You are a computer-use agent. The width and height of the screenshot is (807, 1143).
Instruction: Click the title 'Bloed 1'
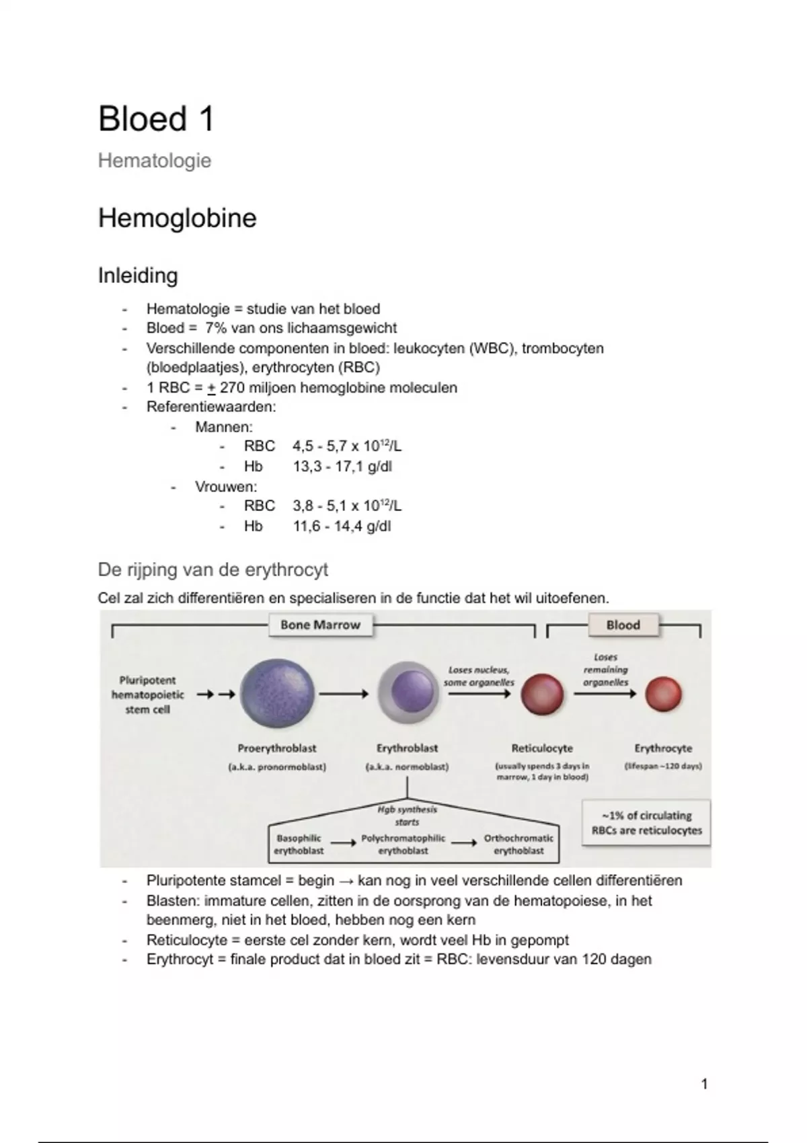pos(156,119)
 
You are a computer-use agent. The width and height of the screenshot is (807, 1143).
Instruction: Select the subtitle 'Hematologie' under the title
pos(155,161)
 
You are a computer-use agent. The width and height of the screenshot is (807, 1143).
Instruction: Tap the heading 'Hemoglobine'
pos(178,218)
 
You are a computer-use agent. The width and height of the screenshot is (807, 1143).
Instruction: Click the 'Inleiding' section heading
pos(138,276)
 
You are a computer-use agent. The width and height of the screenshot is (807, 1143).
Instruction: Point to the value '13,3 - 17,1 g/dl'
pos(342,467)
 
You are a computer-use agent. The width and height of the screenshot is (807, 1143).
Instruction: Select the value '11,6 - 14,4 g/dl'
pos(342,526)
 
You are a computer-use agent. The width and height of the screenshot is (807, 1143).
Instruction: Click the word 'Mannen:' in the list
pos(224,427)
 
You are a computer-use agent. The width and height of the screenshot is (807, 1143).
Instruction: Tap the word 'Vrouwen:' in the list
pos(226,487)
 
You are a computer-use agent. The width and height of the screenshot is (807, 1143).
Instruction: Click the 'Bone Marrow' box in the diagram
pos(320,625)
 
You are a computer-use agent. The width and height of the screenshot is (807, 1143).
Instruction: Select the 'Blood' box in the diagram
pos(623,625)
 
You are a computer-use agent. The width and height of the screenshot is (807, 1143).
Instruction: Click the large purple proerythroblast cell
pos(277,694)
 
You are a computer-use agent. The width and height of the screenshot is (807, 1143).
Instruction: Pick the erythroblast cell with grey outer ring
pos(408,693)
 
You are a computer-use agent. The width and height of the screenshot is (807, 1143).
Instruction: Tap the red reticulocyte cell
pos(542,695)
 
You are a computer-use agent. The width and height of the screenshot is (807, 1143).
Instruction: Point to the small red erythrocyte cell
pos(663,695)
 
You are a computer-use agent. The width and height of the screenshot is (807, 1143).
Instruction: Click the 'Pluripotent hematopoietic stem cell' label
pos(147,695)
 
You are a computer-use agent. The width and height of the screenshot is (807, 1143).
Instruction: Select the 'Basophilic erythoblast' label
pos(299,844)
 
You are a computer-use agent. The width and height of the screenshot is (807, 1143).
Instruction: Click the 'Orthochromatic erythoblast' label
pos(518,844)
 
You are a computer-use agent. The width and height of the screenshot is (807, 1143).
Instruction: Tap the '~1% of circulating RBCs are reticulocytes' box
pos(646,823)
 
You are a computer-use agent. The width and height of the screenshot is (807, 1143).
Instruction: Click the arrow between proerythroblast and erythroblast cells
pos(344,694)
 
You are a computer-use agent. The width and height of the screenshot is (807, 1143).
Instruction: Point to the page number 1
pos(704,1084)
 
